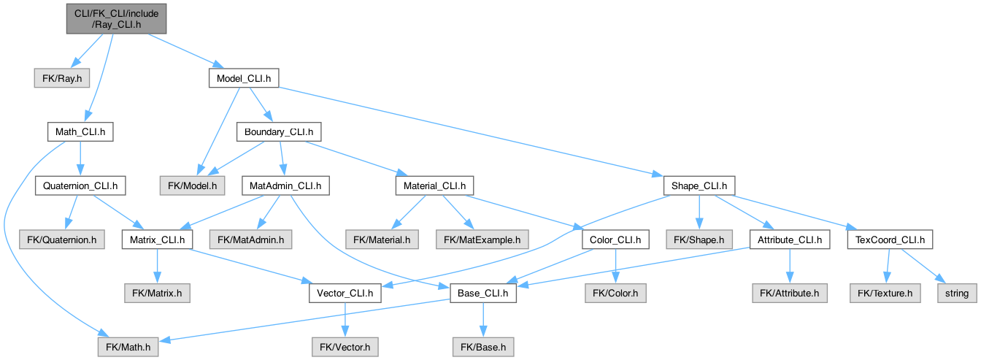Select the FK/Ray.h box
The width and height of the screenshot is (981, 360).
point(55,76)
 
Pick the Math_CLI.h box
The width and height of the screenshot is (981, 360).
point(80,131)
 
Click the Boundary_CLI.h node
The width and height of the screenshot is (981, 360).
point(278,131)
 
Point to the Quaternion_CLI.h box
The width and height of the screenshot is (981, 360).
point(80,186)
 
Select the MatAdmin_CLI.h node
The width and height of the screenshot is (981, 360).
point(285,186)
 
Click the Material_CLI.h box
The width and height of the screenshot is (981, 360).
point(434,186)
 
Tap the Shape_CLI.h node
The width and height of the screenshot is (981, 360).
point(699,186)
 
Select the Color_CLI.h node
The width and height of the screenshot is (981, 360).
point(615,239)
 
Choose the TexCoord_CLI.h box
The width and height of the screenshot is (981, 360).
point(889,239)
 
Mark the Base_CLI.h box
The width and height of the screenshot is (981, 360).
point(482,294)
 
